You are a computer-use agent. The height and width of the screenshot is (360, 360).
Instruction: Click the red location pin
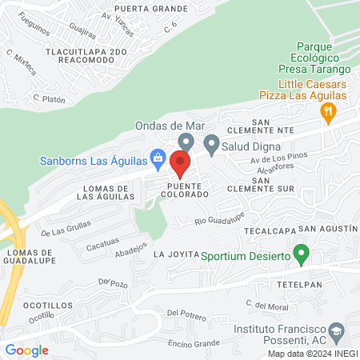click(180, 165)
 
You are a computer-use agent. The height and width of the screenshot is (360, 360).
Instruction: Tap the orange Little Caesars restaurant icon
click(326, 112)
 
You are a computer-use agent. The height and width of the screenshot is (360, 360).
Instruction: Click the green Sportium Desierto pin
click(301, 255)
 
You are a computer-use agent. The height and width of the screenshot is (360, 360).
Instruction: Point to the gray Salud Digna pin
click(211, 144)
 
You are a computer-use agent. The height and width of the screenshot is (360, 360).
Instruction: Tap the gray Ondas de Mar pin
click(186, 142)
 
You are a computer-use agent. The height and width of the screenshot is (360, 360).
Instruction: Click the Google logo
click(27, 350)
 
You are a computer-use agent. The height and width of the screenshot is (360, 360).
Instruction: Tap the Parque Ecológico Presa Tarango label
click(308, 58)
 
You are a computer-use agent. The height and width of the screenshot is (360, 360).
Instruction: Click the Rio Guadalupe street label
click(217, 221)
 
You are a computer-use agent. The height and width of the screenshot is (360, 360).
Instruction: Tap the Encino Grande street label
click(194, 343)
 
